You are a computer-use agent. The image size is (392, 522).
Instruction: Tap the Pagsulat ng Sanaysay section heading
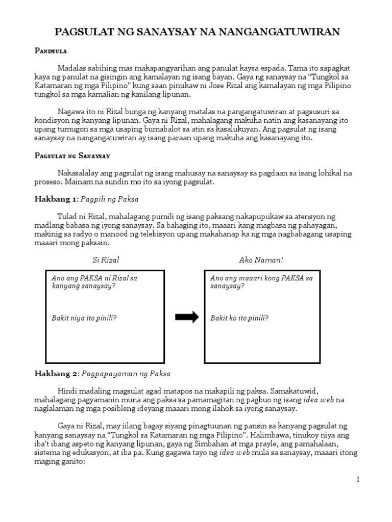[x=72, y=155]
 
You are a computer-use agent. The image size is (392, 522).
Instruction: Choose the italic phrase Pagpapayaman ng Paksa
[x=126, y=374]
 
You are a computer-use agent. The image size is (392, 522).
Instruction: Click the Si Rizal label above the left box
[x=106, y=260]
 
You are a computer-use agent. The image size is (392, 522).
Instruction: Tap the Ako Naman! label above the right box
[x=261, y=260]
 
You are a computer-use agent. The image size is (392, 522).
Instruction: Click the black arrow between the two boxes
[x=186, y=318]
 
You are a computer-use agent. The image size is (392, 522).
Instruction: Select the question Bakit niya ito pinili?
[x=84, y=318]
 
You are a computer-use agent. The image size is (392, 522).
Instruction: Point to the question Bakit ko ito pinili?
[x=239, y=318]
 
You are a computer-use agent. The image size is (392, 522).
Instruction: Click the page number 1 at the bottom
[x=358, y=479]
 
